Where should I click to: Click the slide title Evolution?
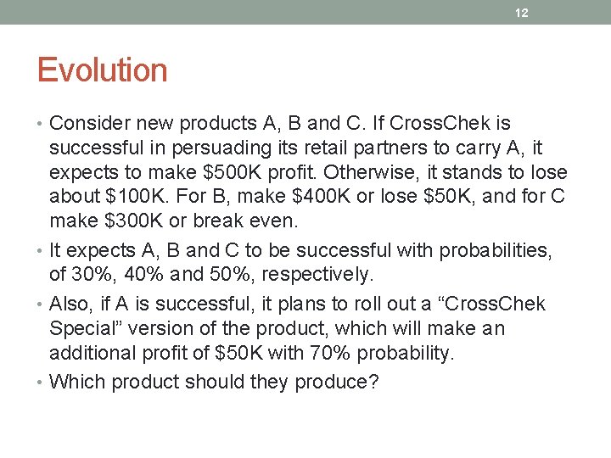(x=102, y=70)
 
